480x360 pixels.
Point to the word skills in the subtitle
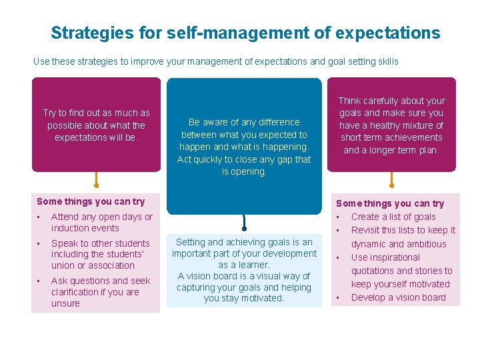point(385,61)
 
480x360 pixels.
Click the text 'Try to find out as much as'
point(97,113)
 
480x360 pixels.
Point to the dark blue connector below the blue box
point(245,221)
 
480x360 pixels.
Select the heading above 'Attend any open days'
point(91,201)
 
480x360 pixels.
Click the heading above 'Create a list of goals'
point(390,203)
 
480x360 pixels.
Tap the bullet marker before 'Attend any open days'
point(39,217)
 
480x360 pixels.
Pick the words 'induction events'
point(85,228)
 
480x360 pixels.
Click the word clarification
point(77,292)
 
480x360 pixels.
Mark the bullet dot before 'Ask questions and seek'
point(39,281)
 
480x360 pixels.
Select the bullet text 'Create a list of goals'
point(393,217)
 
